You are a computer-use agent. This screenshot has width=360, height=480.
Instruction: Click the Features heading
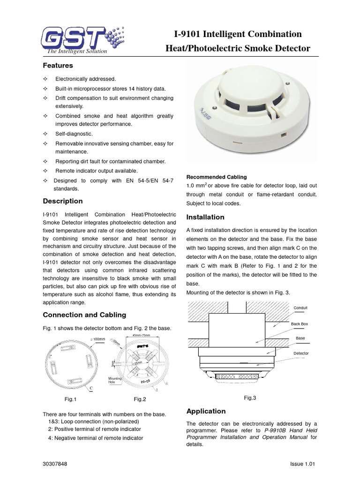tap(58, 66)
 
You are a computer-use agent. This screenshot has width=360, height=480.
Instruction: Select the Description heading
tap(63, 201)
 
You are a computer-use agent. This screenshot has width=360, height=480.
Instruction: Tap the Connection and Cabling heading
tap(84, 315)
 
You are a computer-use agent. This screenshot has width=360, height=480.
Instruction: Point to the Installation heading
tap(205, 217)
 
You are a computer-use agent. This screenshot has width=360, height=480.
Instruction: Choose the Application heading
tap(206, 411)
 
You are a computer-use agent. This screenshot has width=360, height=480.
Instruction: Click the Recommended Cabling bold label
tap(217, 177)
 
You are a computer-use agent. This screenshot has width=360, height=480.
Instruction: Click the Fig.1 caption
tap(70, 399)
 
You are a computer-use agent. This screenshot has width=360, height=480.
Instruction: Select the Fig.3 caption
tap(250, 397)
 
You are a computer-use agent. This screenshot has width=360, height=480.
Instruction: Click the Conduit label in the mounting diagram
tap(300, 308)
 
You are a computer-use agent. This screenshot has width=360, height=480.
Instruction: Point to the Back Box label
tap(300, 324)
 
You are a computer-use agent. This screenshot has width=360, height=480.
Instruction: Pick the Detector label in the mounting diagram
tap(301, 353)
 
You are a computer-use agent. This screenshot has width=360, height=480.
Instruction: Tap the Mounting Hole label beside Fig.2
tap(115, 380)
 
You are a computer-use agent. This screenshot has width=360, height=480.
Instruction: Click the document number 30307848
tap(55, 464)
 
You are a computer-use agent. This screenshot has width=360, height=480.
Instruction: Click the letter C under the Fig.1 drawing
tap(91, 388)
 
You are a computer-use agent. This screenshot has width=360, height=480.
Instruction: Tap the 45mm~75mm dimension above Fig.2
tap(141, 336)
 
